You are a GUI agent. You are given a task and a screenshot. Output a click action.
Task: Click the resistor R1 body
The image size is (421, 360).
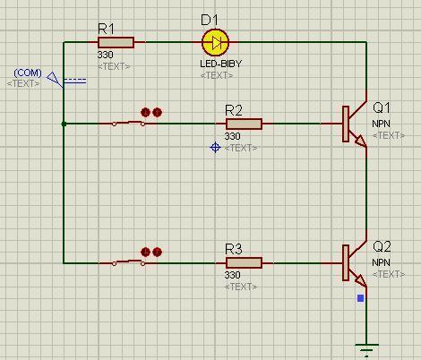(x=116, y=42)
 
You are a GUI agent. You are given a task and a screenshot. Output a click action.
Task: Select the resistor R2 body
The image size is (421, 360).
(x=244, y=124)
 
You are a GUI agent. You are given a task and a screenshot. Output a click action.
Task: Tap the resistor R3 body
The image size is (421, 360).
(x=244, y=263)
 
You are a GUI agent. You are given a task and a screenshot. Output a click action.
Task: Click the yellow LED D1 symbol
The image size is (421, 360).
(x=216, y=42)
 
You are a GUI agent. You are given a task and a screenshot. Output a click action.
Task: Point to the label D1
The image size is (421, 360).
(x=210, y=20)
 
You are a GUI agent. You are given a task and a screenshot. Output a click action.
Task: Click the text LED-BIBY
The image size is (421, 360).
(x=220, y=64)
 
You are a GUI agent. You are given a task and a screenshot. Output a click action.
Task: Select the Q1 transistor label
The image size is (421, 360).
(x=382, y=107)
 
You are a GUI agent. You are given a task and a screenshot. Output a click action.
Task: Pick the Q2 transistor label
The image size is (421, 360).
(x=382, y=247)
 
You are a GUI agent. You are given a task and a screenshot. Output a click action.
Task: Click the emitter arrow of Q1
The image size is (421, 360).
(x=361, y=141)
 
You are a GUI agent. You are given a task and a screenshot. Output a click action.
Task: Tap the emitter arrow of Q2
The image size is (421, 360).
(x=361, y=281)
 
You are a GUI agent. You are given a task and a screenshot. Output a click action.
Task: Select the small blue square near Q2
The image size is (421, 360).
(x=361, y=298)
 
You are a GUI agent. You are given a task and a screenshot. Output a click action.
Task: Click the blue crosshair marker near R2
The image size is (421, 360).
(x=215, y=148)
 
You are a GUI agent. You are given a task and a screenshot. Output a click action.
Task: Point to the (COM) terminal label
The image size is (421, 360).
(x=28, y=73)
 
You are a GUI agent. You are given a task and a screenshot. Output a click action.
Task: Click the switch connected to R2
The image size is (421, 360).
(x=128, y=123)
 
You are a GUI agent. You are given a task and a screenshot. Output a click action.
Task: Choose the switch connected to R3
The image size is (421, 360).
(x=128, y=262)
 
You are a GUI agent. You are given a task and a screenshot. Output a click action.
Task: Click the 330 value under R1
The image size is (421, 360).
(x=105, y=55)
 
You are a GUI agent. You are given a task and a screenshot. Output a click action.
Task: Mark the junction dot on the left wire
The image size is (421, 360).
(x=64, y=124)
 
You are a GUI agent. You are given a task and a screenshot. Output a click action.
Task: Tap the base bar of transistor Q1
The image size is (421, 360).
(x=346, y=124)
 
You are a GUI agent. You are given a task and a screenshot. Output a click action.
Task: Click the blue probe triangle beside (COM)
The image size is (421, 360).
(x=54, y=78)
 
